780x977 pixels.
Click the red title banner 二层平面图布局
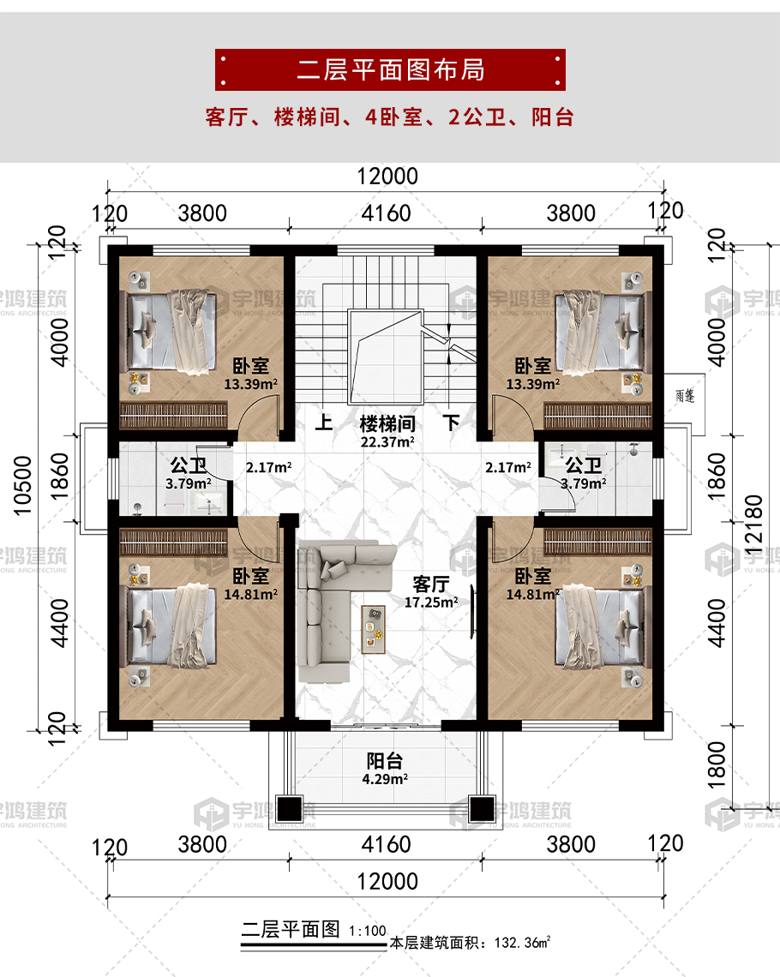pos(390,69)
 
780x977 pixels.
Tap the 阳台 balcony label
pos(384,761)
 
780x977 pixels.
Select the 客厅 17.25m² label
pos(431,592)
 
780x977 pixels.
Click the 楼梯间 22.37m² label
pos(387,432)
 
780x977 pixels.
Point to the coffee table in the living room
pos(373,629)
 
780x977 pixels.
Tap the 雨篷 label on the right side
pos(685,396)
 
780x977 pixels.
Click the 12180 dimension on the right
pos(753,526)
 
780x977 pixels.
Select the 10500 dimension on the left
pos(22,486)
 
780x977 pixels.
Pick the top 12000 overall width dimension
pos(387,177)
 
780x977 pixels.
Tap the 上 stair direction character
pos(323,423)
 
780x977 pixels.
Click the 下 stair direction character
pos(452,423)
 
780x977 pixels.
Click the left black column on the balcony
pos(289,809)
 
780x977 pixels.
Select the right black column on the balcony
pos(482,809)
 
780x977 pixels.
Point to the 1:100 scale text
pos(368,931)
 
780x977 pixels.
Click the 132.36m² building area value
pos(522,942)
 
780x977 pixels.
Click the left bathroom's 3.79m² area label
pos(189,483)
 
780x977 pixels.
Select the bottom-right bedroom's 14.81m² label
pos(532,595)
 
